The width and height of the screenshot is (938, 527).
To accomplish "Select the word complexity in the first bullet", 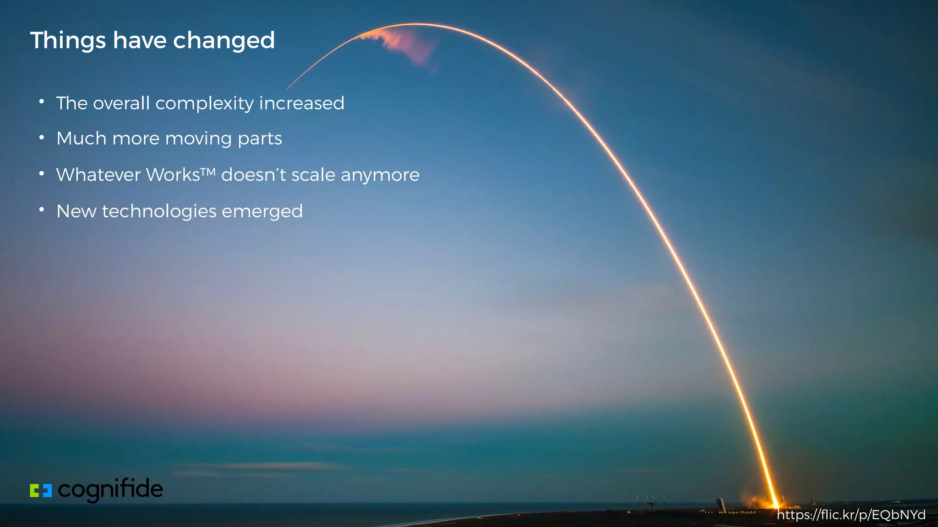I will (204, 104).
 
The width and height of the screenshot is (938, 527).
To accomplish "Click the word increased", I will (301, 103).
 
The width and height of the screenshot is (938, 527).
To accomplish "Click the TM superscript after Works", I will (208, 172).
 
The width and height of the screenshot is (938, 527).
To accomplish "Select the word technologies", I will (159, 211).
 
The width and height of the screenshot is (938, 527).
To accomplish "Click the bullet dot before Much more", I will (42, 137).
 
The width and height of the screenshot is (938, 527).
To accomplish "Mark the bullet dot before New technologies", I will (42, 210).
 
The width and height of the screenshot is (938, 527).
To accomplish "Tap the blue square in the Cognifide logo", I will (47, 490).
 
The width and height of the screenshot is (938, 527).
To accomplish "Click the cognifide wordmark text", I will (110, 489).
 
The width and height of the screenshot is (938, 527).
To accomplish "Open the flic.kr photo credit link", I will (851, 515).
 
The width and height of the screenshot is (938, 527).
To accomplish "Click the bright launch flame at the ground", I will (774, 502).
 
